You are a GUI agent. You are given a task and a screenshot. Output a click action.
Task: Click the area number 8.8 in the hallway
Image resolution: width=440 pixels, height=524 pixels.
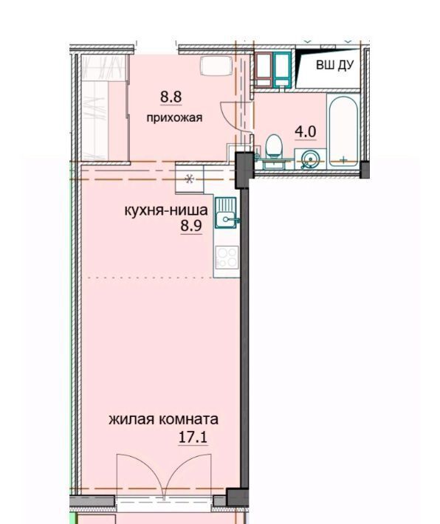(171, 97)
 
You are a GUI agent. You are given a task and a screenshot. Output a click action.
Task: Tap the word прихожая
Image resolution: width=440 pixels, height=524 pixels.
(174, 117)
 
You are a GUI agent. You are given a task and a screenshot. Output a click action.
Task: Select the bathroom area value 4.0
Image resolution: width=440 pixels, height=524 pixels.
(305, 131)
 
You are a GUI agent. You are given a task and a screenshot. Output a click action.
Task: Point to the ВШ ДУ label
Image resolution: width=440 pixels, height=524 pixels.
(334, 65)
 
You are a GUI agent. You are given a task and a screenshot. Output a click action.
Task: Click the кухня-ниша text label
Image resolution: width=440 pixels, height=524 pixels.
(166, 210)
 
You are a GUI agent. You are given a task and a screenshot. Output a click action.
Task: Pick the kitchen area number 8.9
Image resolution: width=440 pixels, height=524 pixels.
(191, 226)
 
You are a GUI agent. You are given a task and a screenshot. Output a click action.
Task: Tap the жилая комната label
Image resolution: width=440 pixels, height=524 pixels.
(163, 419)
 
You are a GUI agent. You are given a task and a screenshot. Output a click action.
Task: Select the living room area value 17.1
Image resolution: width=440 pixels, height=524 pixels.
(193, 437)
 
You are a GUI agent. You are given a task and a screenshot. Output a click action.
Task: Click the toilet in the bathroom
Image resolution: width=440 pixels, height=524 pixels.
(274, 146)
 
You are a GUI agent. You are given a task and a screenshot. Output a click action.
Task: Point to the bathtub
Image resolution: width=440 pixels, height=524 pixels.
(344, 131)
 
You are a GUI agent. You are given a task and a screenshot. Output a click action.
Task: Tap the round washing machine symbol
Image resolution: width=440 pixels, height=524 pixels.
(310, 159)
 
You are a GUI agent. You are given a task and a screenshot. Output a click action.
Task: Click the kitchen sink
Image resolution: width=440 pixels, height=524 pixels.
(226, 213)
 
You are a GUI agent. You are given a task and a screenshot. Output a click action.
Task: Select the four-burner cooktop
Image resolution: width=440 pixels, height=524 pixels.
(227, 258)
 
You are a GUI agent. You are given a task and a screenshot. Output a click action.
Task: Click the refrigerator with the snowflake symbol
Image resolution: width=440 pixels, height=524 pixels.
(190, 180)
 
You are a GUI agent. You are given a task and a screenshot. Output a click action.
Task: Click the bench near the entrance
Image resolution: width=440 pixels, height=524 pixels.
(216, 66)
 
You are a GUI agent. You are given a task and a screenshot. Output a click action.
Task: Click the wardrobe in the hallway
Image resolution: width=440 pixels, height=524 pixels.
(105, 108)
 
